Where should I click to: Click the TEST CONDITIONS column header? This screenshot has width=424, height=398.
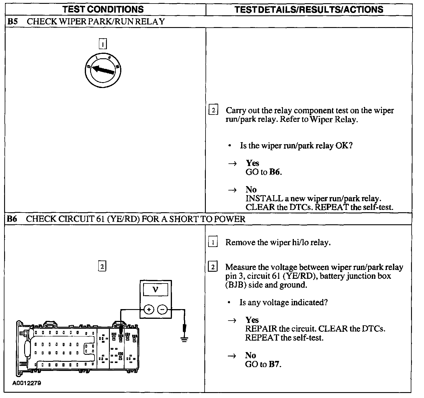pos(103,9)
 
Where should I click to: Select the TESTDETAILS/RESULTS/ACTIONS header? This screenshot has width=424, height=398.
pos(309,9)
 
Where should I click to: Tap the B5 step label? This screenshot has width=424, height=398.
pos(12,21)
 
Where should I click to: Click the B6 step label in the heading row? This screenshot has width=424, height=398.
pos(12,219)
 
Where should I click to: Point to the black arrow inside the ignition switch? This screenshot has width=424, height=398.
pos(103,70)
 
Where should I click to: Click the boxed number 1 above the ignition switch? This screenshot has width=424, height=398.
pos(102,44)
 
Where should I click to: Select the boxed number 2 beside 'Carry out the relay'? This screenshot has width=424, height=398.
pos(213,110)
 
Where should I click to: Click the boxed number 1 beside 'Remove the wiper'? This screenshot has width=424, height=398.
pos(213,242)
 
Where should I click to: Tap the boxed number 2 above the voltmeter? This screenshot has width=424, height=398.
pos(102,266)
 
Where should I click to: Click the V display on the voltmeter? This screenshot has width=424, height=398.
pos(155,290)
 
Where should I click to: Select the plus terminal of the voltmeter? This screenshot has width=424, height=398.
pos(149,309)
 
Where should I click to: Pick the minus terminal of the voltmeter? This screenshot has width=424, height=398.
pos(162,309)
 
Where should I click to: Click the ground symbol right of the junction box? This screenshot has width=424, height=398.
pos(185,339)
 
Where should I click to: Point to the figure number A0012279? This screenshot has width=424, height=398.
pos(26,383)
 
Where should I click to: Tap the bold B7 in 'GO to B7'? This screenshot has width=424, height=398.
pos(274,364)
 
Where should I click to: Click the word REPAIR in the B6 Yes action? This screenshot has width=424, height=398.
pos(257,329)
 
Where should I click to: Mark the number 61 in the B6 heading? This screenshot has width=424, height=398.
pos(99,219)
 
